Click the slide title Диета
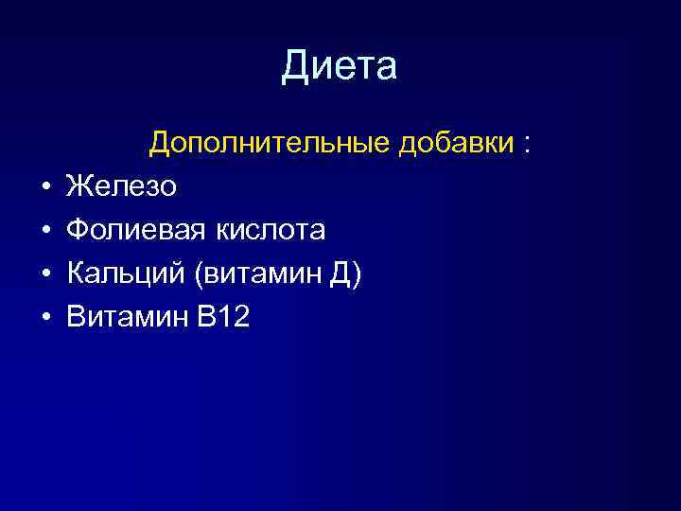(340, 67)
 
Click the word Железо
(121, 186)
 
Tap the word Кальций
(122, 273)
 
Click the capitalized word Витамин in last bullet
(127, 317)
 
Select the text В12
(223, 317)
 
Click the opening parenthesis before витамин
(194, 274)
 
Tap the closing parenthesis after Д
(356, 274)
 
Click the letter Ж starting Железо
(78, 186)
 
